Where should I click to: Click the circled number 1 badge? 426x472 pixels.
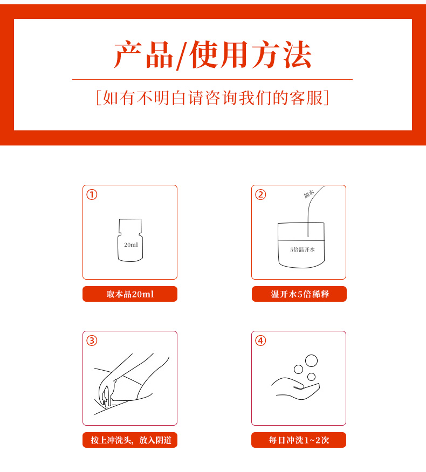click(x=92, y=195)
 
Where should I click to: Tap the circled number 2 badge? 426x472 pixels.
click(x=260, y=195)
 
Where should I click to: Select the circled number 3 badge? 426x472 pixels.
click(x=92, y=341)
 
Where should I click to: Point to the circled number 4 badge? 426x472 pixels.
click(x=260, y=341)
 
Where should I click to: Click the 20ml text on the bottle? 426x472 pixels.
click(x=131, y=245)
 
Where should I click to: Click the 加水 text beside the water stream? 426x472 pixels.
click(x=308, y=194)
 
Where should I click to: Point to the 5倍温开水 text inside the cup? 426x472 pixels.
click(x=302, y=249)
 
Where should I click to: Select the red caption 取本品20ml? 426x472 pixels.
click(x=130, y=294)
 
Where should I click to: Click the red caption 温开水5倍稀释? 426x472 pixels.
click(x=299, y=294)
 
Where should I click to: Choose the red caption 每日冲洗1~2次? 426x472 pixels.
click(x=299, y=440)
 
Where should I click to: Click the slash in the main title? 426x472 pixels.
click(x=181, y=55)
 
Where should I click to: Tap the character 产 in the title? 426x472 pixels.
click(x=128, y=54)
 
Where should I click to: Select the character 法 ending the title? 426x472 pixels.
click(x=297, y=54)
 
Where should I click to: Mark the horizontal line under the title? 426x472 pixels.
click(x=212, y=79)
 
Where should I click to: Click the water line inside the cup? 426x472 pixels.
click(x=301, y=240)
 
